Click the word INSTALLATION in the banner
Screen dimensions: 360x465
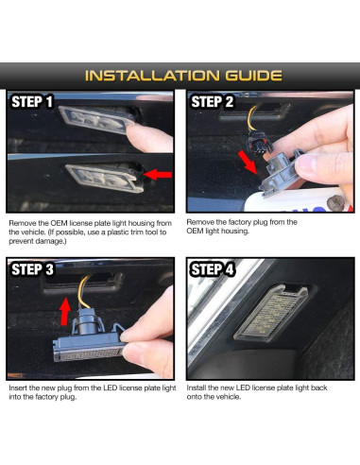(152, 76)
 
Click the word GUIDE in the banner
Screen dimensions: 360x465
(253, 76)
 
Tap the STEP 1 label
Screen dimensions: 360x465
(32, 102)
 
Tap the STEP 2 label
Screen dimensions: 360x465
(213, 102)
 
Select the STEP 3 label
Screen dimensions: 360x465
(32, 269)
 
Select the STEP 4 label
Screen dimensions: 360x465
(213, 269)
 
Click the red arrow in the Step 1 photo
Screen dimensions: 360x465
(158, 174)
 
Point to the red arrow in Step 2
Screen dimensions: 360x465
(249, 162)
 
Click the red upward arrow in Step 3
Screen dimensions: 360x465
(65, 312)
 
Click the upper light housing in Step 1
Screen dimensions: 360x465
(97, 119)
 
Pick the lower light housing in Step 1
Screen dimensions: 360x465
(105, 178)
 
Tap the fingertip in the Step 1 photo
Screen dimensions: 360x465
(150, 138)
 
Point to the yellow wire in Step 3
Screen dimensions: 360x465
(82, 291)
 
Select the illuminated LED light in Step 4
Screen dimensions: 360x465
(271, 313)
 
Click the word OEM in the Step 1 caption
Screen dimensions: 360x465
(59, 223)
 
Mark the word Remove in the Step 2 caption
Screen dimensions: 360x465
(198, 222)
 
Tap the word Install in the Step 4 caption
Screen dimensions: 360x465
(197, 387)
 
